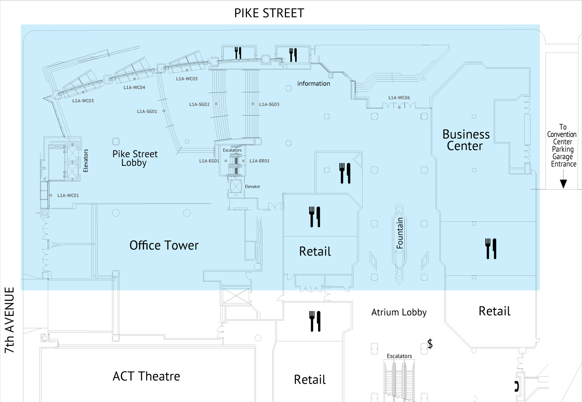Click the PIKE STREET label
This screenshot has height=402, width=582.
point(269,13)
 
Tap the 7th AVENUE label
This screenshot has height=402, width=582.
point(10,320)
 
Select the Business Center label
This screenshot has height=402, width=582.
point(466,140)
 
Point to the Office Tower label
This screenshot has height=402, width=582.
point(164,246)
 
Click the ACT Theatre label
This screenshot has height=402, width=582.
point(146,376)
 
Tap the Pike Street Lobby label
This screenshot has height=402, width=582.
point(135,158)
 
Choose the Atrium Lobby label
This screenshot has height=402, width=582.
point(399,312)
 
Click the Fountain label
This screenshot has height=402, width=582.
point(400,233)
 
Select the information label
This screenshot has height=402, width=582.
point(313,83)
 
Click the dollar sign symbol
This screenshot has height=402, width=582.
point(430,344)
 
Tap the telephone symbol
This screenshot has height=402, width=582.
point(517,386)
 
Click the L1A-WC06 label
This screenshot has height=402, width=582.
point(399,98)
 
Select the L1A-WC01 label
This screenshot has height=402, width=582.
point(68,195)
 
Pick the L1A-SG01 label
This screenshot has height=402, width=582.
point(147,111)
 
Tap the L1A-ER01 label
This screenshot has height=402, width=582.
point(259,161)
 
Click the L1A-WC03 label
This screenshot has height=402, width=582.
point(83,100)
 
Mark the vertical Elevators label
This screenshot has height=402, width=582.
point(86,161)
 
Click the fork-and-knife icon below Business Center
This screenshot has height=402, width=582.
point(491,249)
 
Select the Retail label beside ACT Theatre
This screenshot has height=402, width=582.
point(310,380)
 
